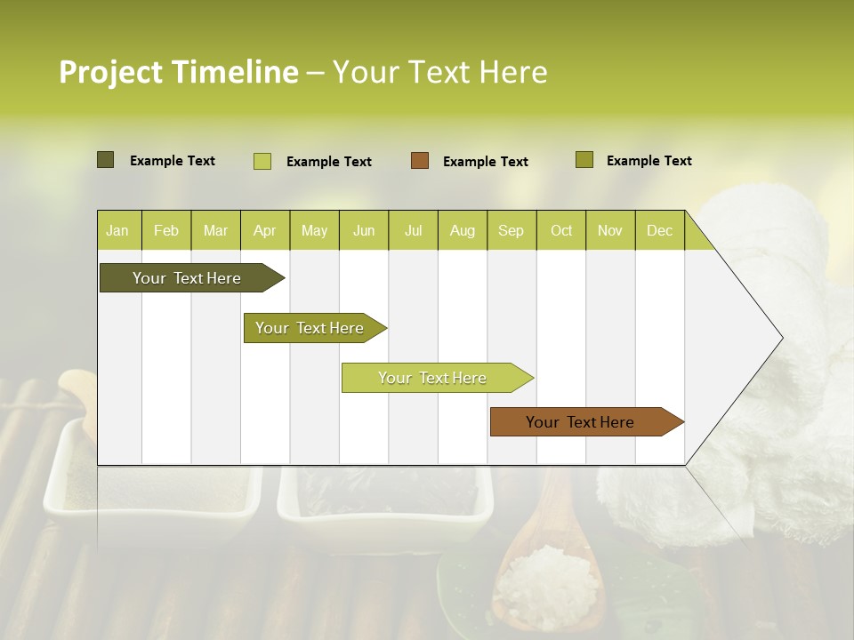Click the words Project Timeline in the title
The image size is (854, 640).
tap(178, 72)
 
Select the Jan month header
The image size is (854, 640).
tap(117, 230)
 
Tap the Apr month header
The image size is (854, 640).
tap(264, 230)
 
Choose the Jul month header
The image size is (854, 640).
tap(413, 230)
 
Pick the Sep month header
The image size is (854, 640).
tap(511, 230)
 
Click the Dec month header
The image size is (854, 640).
tap(659, 230)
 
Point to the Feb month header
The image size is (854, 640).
tap(166, 230)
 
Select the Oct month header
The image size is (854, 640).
tap(561, 230)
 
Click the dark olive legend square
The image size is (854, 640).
tap(105, 160)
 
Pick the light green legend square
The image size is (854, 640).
tap(262, 161)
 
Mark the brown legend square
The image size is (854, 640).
tap(420, 161)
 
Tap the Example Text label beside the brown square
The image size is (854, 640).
tap(485, 162)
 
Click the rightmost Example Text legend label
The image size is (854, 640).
tap(649, 161)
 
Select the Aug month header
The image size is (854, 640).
tap(462, 230)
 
